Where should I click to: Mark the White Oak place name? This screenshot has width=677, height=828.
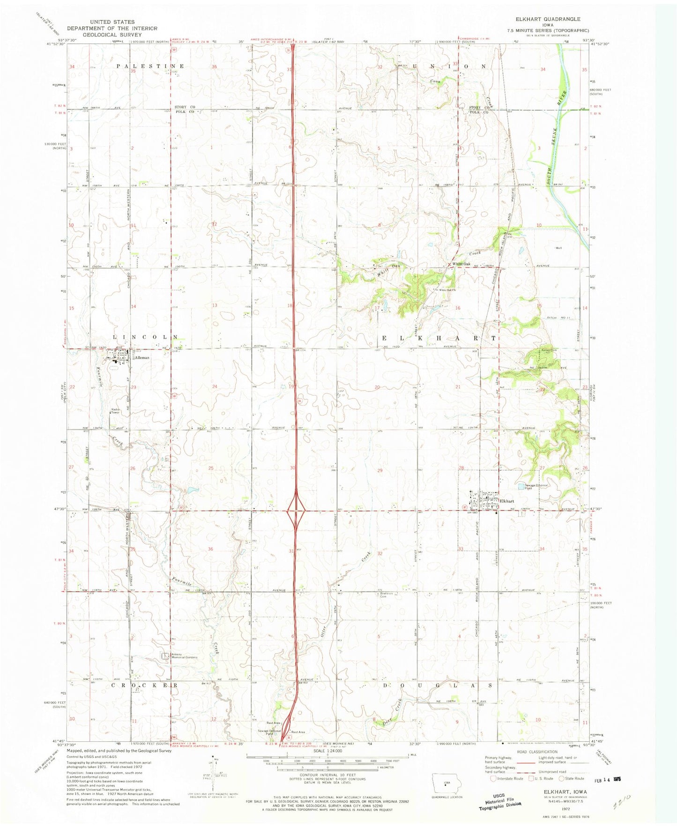[461, 264]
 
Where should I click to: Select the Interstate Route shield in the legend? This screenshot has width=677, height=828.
[493, 778]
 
